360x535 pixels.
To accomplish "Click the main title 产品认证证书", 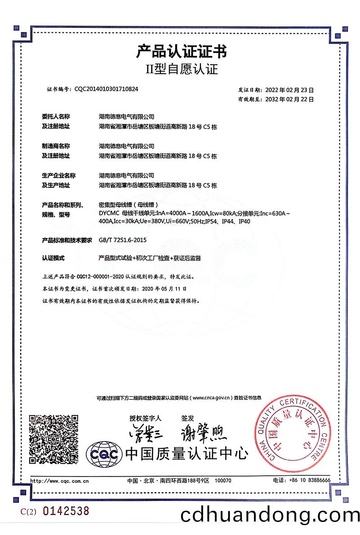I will point(181,52).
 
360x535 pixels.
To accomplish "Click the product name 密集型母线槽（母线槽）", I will point(130,204).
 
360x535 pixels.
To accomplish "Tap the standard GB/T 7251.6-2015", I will point(123,240).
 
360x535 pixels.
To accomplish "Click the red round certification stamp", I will point(291,437).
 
